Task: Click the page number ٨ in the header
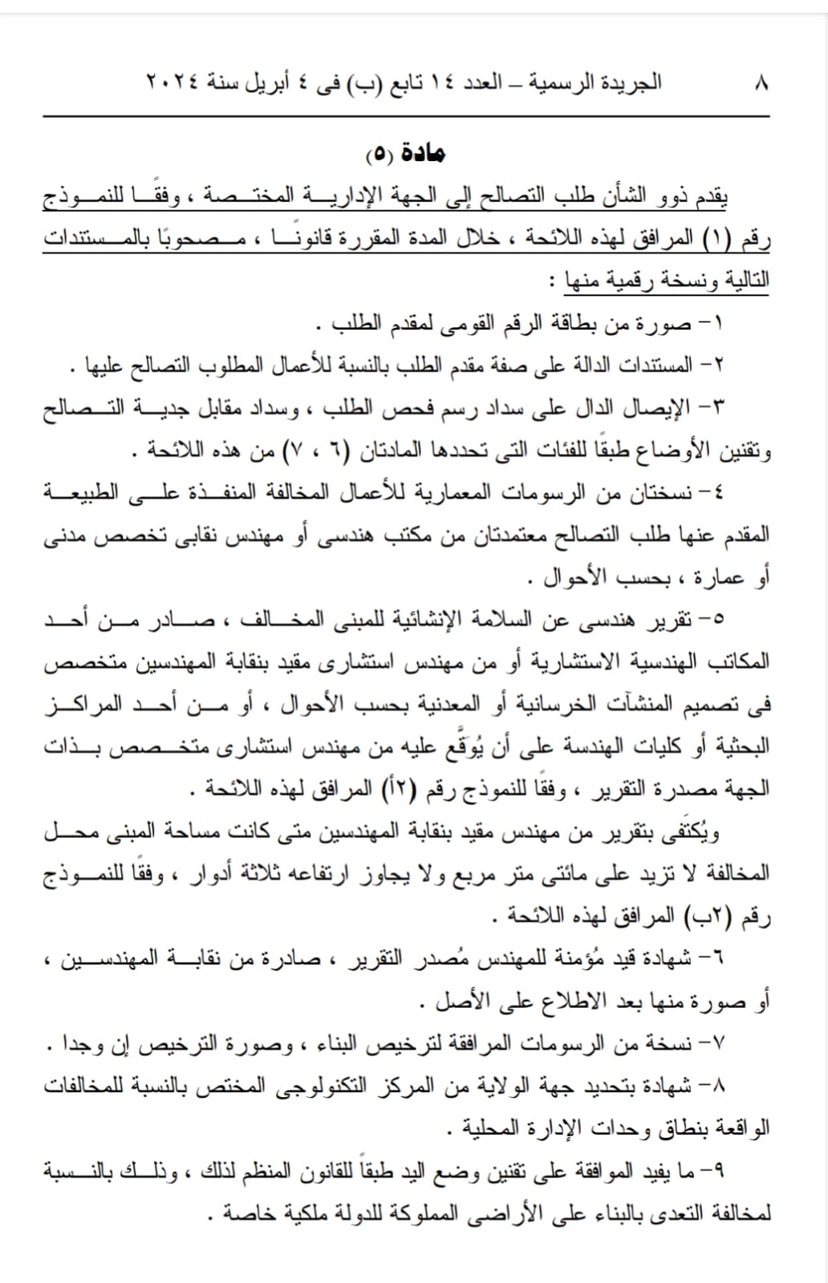(761, 83)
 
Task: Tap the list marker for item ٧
(712, 1044)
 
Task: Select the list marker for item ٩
(712, 1172)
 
